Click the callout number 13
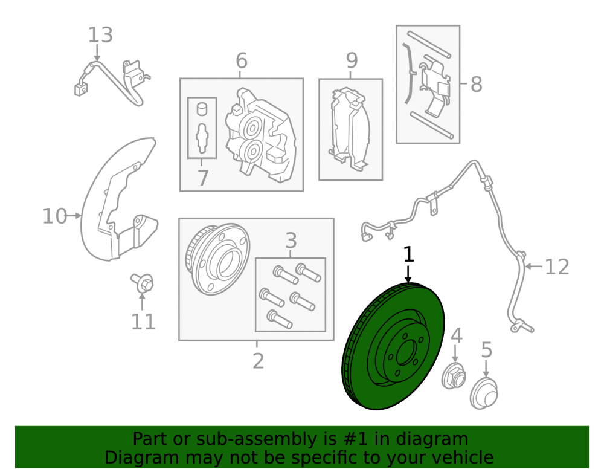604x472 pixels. [100, 35]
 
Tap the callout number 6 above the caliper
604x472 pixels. [241, 61]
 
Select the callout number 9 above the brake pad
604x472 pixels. [352, 60]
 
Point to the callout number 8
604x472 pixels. [476, 84]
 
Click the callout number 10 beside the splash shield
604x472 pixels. [55, 216]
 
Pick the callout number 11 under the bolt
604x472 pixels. [143, 322]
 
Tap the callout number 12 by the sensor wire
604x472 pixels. [557, 267]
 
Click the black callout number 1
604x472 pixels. [408, 254]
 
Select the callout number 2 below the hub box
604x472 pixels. [258, 361]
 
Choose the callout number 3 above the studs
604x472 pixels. [291, 241]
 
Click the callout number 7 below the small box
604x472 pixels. [202, 178]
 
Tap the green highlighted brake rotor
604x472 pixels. [393, 346]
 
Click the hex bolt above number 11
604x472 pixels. [143, 283]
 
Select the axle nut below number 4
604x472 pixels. [454, 376]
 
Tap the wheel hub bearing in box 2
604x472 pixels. [217, 259]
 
